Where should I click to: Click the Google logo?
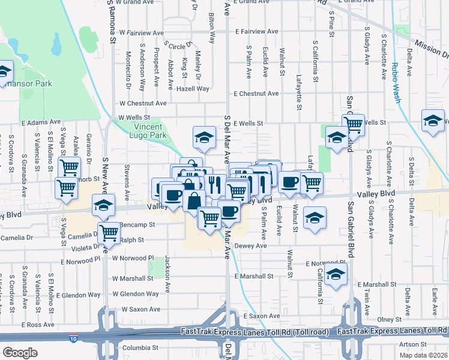(x=20, y=352)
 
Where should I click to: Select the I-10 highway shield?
(x=73, y=339)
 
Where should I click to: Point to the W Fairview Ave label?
(x=142, y=32)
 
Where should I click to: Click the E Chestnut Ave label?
(x=256, y=94)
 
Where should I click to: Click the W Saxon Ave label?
(x=141, y=309)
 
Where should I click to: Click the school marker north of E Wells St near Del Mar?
(x=204, y=138)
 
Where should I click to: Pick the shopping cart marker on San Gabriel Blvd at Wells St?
(x=354, y=125)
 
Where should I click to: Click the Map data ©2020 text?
(x=424, y=355)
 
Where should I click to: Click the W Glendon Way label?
(x=136, y=294)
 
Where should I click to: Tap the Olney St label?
(x=389, y=320)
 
